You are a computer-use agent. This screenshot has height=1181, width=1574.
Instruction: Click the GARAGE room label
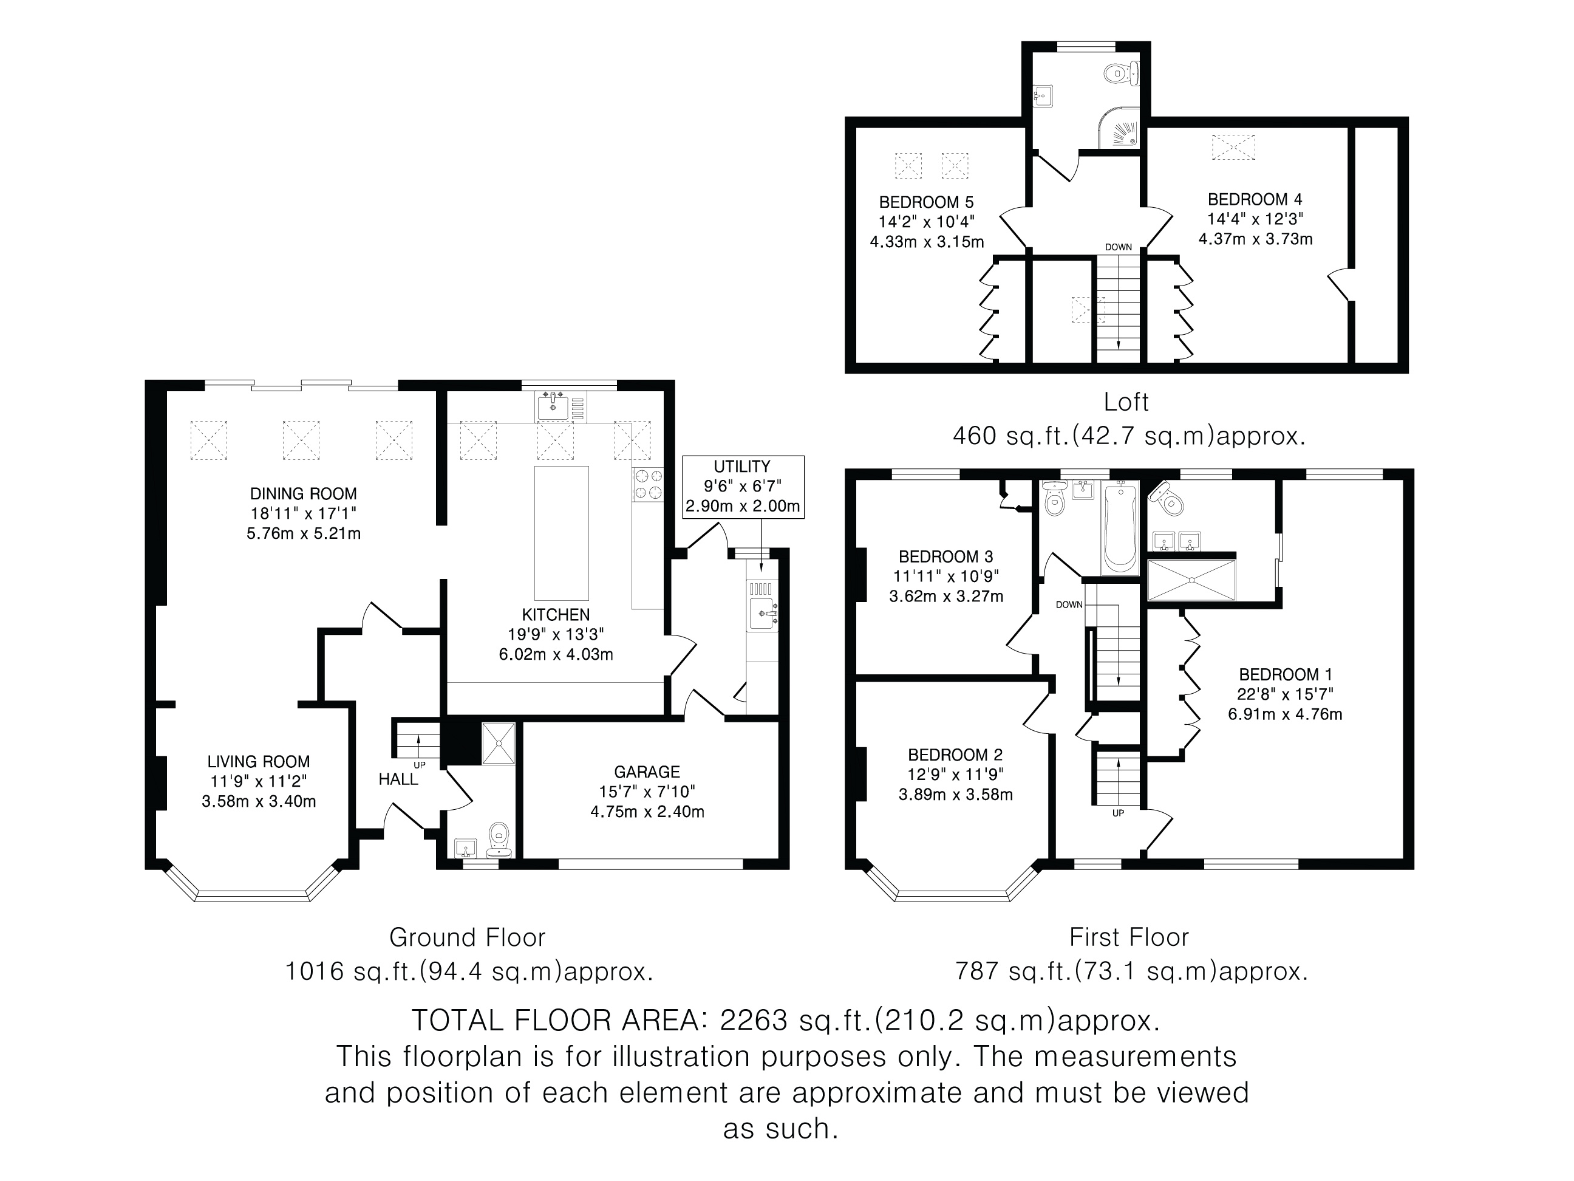[x=647, y=772]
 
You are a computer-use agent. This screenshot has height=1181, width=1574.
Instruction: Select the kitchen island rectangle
[x=562, y=533]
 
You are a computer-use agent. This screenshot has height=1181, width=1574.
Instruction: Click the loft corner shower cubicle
[x=1119, y=128]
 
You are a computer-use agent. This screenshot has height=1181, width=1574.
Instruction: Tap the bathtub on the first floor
[x=1119, y=527]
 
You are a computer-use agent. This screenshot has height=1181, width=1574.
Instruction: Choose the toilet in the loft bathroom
[x=1122, y=74]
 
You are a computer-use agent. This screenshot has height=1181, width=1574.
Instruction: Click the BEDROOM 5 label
[x=927, y=202]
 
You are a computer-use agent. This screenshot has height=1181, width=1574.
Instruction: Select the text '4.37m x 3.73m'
[x=1255, y=239]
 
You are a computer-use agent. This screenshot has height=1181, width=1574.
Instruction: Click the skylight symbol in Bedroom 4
[x=1234, y=146]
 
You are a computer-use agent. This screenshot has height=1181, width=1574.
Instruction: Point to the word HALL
[x=398, y=779]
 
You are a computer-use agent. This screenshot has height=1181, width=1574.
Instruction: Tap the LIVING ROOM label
[x=258, y=762]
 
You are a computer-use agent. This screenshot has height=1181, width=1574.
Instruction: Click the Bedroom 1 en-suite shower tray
[x=1192, y=580]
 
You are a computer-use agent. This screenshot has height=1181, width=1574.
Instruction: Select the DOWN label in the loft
[x=1119, y=247]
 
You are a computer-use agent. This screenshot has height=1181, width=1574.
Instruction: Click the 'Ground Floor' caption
[x=468, y=937]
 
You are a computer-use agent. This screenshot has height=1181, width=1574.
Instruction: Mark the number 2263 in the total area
[x=754, y=1021]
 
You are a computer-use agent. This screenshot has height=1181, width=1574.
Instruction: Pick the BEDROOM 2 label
[x=956, y=755]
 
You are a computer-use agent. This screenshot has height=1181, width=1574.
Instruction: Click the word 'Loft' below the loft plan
[x=1126, y=402]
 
